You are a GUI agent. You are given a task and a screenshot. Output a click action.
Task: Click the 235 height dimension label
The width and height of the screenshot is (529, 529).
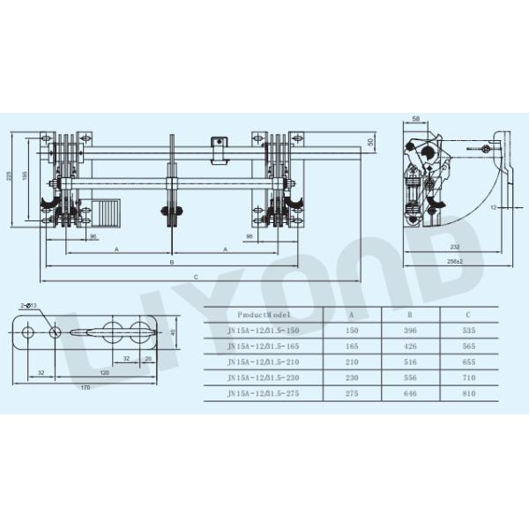pyautogui.click(x=9, y=176)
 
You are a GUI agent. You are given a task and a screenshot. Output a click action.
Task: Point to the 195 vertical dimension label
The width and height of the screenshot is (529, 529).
pyautogui.click(x=25, y=176)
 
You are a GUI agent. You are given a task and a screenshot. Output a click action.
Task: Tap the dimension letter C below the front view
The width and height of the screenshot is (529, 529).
pyautogui.click(x=196, y=277)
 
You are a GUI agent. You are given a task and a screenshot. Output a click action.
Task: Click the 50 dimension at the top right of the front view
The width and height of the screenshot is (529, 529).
pyautogui.click(x=371, y=141)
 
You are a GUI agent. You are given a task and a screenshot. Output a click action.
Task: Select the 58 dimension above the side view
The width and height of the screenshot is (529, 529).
pyautogui.click(x=415, y=117)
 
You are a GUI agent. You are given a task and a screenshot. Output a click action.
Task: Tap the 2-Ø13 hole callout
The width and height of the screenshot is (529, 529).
pyautogui.click(x=26, y=304)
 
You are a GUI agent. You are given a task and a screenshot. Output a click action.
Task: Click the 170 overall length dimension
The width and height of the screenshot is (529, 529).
pyautogui.click(x=86, y=387)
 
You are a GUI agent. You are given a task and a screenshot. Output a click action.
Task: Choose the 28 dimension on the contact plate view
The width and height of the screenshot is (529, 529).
pyautogui.click(x=148, y=359)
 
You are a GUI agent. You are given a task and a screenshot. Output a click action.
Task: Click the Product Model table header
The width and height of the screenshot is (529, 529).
pyautogui.click(x=264, y=314)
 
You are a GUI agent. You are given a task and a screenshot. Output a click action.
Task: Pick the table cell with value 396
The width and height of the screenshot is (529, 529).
pyautogui.click(x=409, y=330)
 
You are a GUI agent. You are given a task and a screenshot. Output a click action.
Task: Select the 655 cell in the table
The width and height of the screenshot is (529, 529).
pyautogui.click(x=469, y=361)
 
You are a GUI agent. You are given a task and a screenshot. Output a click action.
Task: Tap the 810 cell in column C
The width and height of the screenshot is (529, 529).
pyautogui.click(x=469, y=392)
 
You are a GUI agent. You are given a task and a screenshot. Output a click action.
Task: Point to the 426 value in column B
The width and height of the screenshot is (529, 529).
pyautogui.click(x=409, y=346)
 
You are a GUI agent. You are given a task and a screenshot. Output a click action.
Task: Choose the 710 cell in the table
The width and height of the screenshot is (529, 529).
pyautogui.click(x=469, y=377)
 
